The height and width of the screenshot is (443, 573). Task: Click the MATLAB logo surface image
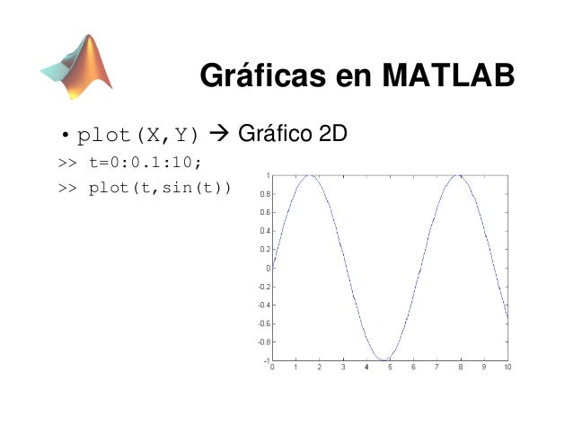78,66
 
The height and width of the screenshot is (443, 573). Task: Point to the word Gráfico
273,136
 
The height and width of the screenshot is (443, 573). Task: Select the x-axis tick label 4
366,368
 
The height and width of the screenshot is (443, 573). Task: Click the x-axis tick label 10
507,368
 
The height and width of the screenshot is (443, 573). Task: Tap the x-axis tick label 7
437,368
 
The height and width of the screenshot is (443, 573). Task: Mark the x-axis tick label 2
320,368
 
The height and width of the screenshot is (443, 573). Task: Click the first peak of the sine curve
310,176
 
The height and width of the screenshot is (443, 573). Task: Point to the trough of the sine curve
383,359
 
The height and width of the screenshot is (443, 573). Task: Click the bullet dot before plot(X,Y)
65,137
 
